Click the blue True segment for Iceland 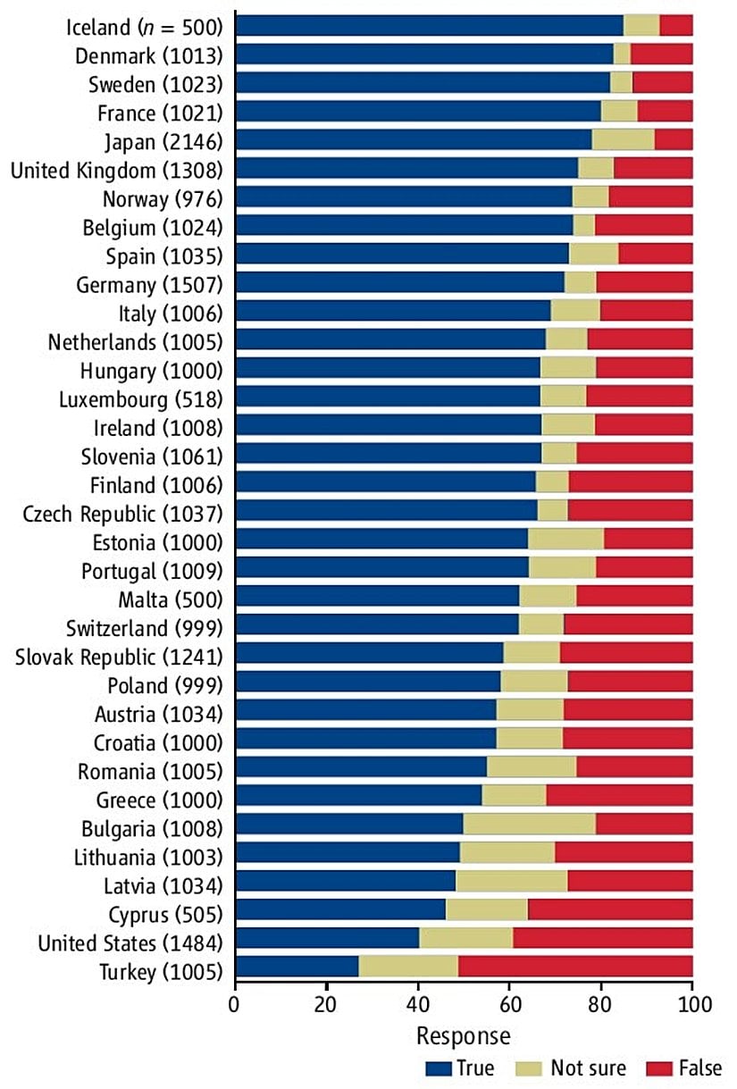tap(430, 25)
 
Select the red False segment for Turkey tap(575, 967)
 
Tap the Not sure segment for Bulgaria tap(530, 824)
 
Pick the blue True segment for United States tap(328, 938)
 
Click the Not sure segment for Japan tap(623, 139)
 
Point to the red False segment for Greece tap(619, 795)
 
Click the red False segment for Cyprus tap(610, 909)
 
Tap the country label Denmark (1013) tap(148, 55)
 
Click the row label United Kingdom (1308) tap(116, 169)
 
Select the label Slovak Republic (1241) tap(119, 658)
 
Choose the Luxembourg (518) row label tap(140, 398)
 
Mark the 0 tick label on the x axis tap(236, 1004)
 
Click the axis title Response tap(464, 1035)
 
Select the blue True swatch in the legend tap(438, 1068)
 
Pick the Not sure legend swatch tap(532, 1068)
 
